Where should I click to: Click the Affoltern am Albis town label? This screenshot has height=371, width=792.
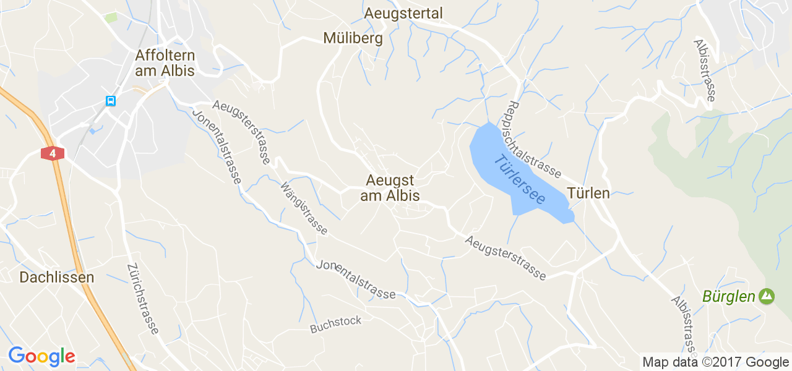coord(165,63)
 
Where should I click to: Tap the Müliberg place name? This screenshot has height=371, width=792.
coord(353,38)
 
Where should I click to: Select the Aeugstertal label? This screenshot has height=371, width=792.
coord(403,13)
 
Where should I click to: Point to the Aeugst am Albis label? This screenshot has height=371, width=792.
coord(390,188)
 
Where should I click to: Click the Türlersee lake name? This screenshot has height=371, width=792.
coord(520,179)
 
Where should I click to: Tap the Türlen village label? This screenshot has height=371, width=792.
coord(588,193)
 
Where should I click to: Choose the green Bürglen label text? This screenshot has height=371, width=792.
coord(729,297)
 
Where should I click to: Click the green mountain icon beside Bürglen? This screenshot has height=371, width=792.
coord(767,297)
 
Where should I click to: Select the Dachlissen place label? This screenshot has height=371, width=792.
coord(57,278)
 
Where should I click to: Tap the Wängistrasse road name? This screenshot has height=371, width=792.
coord(304,208)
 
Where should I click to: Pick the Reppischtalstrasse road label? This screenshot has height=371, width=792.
coord(535,139)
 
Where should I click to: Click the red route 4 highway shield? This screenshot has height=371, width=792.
coord(53,153)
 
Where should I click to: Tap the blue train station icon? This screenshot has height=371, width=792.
coord(110,101)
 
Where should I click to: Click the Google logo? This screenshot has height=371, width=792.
coord(41,356)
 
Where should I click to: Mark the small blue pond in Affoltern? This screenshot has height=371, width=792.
coord(92,130)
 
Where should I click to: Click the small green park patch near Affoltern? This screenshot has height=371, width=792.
coord(111,17)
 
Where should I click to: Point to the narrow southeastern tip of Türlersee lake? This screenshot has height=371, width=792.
coord(570,216)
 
